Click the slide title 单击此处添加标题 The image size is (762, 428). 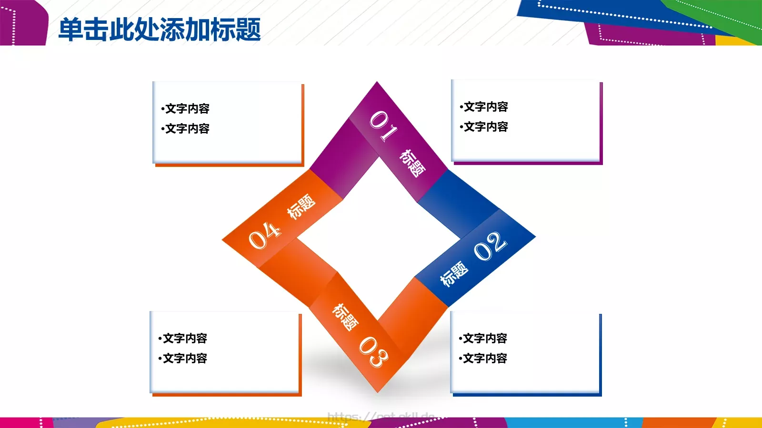click(160, 29)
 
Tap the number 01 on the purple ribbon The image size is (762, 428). click(383, 126)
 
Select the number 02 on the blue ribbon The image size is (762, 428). click(490, 246)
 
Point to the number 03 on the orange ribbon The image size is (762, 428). click(373, 351)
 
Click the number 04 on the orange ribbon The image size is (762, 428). click(265, 235)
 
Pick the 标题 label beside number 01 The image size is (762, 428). click(412, 163)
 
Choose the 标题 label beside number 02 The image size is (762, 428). click(454, 273)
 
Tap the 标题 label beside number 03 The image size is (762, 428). click(345, 317)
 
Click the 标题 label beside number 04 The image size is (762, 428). click(301, 206)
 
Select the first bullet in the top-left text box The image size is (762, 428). click(186, 109)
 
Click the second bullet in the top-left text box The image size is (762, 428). click(186, 129)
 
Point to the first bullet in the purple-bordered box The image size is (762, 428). click(484, 107)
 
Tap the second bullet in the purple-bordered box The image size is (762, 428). click(484, 127)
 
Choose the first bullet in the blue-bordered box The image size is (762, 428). click(483, 339)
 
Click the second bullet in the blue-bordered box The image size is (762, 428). click(483, 359)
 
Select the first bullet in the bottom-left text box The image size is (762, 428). click(183, 339)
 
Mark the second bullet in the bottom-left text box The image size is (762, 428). click(183, 359)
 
